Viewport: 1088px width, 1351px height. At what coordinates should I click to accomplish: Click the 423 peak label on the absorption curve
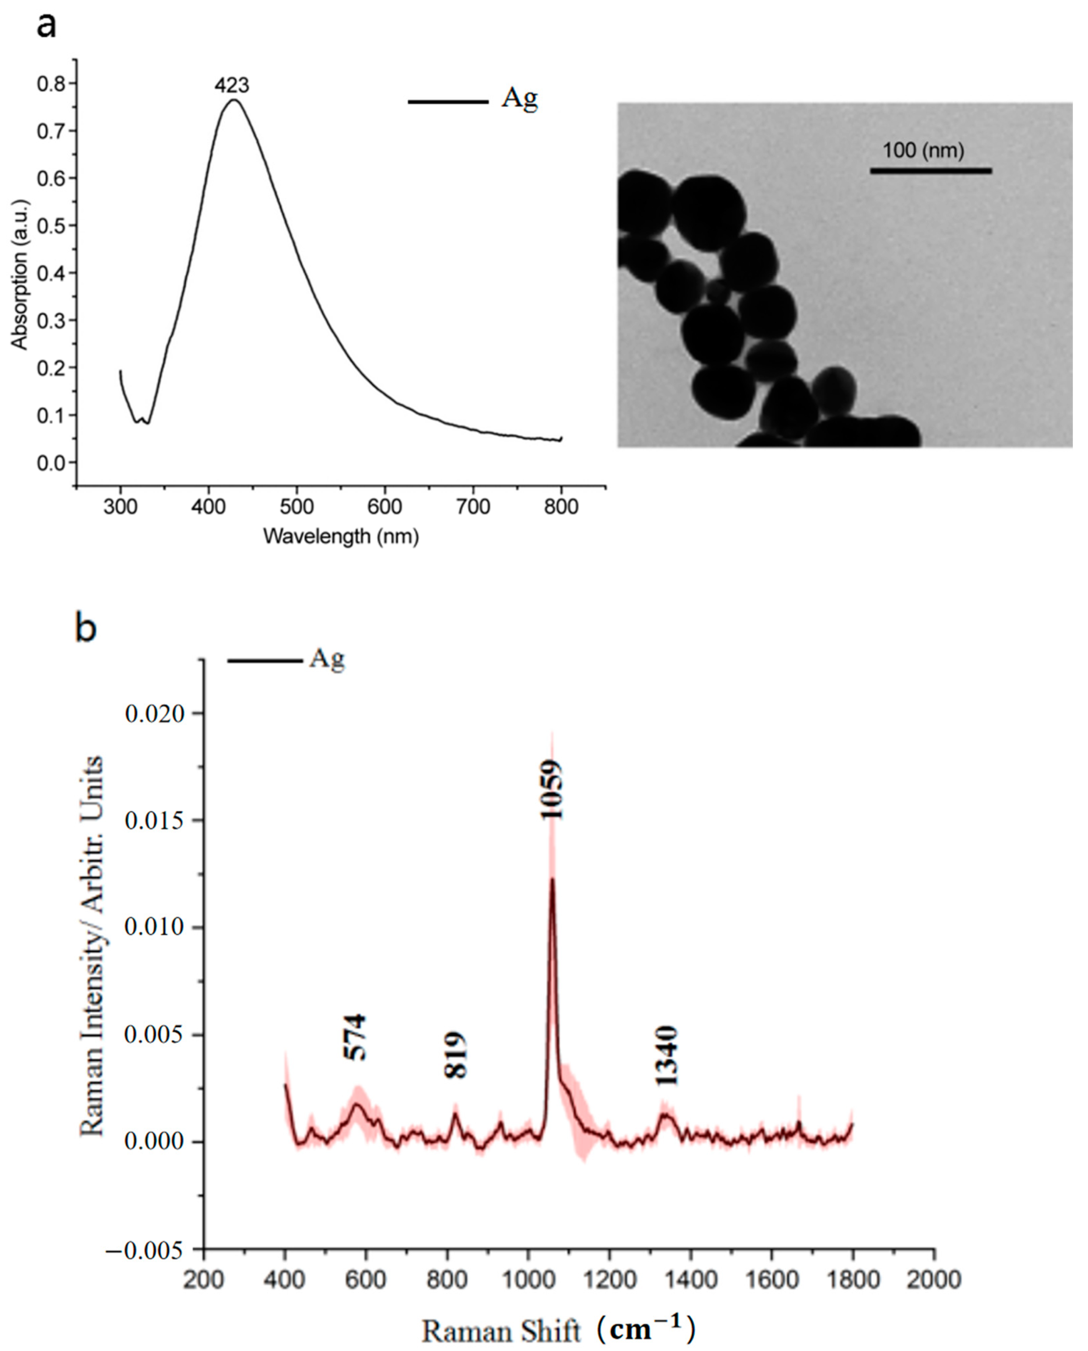pyautogui.click(x=232, y=85)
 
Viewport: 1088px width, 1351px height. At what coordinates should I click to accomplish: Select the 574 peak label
pyautogui.click(x=355, y=1037)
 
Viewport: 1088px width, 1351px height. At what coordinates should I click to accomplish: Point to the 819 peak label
pyautogui.click(x=456, y=1055)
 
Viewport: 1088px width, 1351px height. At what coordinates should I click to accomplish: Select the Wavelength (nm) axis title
pyautogui.click(x=341, y=536)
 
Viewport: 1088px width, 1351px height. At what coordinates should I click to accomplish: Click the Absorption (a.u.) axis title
pyautogui.click(x=21, y=274)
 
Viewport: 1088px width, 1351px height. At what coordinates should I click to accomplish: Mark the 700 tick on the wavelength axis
pyautogui.click(x=473, y=506)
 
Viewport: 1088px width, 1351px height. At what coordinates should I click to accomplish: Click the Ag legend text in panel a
pyautogui.click(x=519, y=99)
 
